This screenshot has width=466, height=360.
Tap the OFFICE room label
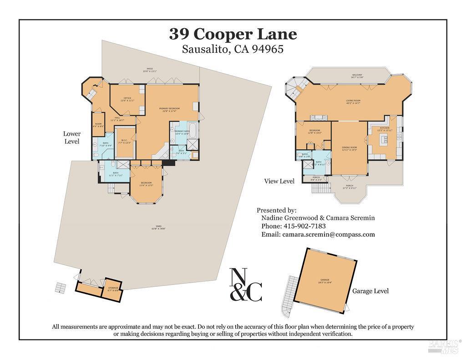coord(127,99)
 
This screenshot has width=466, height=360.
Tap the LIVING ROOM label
coord(353,102)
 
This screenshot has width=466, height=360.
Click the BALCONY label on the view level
coord(357,76)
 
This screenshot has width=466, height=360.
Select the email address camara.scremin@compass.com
coord(328,234)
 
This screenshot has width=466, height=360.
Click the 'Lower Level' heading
coord(72,137)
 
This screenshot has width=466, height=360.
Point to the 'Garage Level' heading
coord(370,291)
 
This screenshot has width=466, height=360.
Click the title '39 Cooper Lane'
coord(233,34)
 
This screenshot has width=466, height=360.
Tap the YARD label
coord(158,227)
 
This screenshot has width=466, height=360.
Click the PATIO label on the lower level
coord(150,70)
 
